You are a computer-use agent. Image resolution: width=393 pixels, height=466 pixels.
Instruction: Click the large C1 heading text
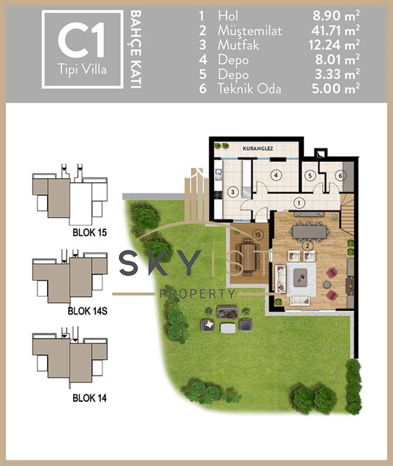(81, 41)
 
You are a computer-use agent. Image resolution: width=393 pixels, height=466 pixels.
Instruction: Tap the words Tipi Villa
(82, 70)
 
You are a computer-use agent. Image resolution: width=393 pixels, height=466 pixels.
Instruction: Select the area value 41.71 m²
(335, 30)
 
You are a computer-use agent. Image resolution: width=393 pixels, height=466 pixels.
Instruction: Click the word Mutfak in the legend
(238, 45)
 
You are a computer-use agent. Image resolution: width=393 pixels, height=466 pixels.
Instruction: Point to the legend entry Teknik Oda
(249, 89)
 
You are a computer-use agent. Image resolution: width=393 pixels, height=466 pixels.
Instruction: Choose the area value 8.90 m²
(336, 15)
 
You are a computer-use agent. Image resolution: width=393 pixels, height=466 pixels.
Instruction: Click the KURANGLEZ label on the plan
(258, 149)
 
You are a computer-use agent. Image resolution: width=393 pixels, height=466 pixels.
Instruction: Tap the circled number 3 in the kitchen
(232, 192)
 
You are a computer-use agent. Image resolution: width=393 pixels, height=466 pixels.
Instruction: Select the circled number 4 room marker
(276, 175)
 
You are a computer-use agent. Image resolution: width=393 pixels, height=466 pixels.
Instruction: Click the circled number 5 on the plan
(310, 175)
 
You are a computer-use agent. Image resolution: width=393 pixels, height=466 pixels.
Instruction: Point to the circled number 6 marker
(340, 176)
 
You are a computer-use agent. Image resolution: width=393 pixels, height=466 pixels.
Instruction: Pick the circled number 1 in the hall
(299, 203)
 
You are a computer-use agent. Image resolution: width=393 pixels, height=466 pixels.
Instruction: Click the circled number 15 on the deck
(258, 235)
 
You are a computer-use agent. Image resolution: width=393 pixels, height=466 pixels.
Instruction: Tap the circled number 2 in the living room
(307, 245)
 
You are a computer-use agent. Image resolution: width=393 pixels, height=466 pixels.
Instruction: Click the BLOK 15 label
(90, 233)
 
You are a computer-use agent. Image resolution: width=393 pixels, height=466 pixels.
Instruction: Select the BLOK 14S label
(88, 311)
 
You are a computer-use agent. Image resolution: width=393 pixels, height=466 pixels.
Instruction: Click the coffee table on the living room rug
(300, 277)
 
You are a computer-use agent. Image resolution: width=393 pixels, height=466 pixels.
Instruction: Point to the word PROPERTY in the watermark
(198, 294)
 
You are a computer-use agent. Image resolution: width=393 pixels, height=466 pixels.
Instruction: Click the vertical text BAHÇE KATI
(135, 49)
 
